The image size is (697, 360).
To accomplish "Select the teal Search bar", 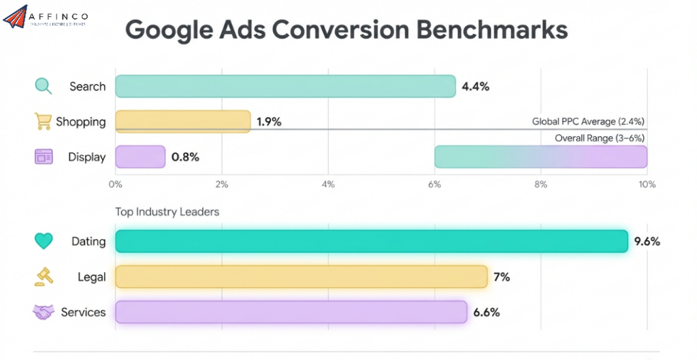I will [285, 86].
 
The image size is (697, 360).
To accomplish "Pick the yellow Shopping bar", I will [182, 122].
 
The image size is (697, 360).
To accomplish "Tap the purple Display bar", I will [140, 157].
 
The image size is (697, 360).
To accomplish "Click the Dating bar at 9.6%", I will [371, 242].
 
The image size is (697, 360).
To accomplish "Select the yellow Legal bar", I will [301, 277].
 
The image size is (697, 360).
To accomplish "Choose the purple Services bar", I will [291, 312].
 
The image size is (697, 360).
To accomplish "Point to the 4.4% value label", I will [475, 86].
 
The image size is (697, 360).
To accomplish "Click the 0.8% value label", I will [185, 157].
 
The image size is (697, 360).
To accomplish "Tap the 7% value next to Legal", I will [502, 277].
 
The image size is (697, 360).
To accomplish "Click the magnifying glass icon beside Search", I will [44, 86].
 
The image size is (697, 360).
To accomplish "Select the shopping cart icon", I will [43, 122].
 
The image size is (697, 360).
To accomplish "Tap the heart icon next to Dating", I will [44, 242].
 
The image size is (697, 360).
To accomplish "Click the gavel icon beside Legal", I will [44, 276].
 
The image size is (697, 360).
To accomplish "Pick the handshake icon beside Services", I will [44, 312].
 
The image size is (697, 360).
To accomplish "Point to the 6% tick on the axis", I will [434, 184].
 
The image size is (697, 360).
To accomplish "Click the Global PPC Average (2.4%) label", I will [588, 121].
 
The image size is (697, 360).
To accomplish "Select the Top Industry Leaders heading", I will [167, 212].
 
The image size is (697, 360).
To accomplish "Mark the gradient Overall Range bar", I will [540, 157].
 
